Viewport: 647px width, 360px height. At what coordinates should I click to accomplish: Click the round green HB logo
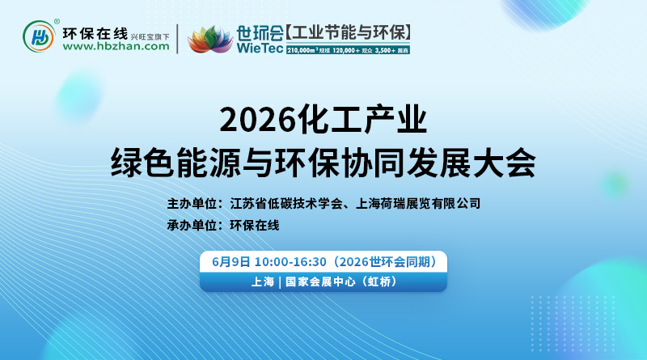pos(40,36)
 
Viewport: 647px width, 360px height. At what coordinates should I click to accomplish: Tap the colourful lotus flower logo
pos(209,38)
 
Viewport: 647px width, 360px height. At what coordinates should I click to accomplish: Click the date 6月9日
pos(230,261)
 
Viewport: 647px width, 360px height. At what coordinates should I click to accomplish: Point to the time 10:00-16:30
pos(290,261)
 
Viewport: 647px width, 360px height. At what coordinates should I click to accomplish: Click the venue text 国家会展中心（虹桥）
pos(338,282)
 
